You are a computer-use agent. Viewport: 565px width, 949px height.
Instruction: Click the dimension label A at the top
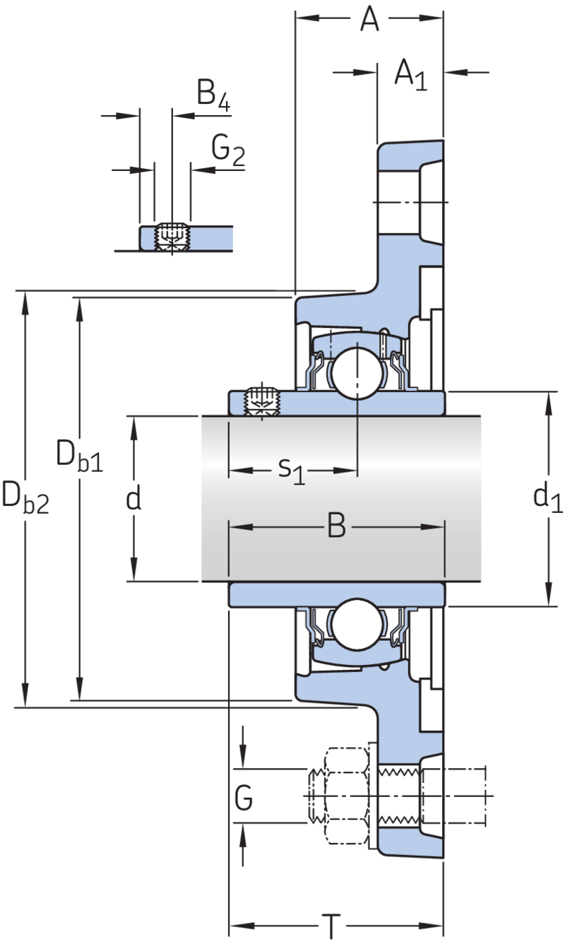(369, 18)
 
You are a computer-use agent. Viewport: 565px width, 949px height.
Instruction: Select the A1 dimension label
(410, 75)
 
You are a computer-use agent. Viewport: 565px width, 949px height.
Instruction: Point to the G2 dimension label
(228, 151)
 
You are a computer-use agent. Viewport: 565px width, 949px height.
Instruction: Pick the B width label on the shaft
(337, 526)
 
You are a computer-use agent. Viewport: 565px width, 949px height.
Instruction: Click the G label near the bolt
(244, 797)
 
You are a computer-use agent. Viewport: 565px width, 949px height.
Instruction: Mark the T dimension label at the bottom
(331, 926)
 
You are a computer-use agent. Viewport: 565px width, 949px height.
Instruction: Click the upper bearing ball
(357, 373)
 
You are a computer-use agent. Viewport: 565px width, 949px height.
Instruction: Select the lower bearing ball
(357, 623)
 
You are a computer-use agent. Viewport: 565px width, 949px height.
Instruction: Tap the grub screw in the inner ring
(262, 401)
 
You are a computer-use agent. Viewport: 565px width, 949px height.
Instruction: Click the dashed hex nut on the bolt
(347, 796)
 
